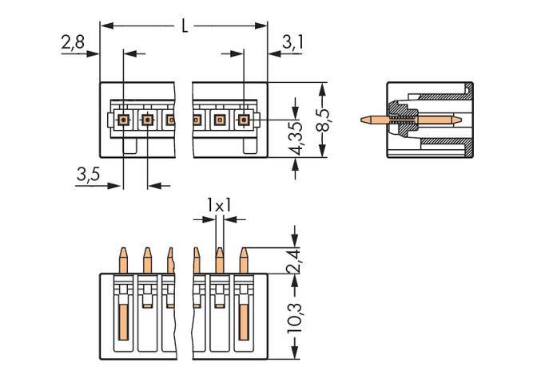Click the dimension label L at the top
click(185, 26)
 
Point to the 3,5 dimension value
click(88, 175)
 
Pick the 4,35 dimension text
click(296, 139)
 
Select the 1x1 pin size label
click(218, 206)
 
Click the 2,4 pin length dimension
click(296, 260)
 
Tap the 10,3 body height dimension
click(296, 316)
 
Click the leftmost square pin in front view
click(123, 120)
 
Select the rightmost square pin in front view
click(243, 120)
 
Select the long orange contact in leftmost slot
click(124, 319)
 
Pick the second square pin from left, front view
click(147, 120)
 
